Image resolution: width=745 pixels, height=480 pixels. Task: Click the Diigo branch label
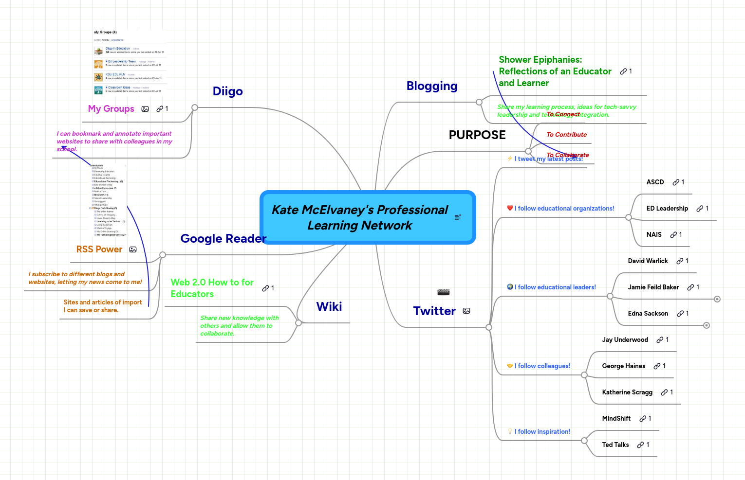(x=227, y=91)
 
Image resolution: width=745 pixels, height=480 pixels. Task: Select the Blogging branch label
(x=432, y=86)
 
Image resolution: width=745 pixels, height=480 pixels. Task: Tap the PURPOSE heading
(x=477, y=135)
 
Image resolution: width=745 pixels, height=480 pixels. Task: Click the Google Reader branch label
(x=223, y=239)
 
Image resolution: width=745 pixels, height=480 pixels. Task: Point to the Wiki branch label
(x=329, y=307)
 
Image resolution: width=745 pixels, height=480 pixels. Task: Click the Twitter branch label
(x=434, y=311)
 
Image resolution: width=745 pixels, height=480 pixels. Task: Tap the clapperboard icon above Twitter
(x=443, y=292)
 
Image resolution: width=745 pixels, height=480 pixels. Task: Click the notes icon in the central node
(x=458, y=217)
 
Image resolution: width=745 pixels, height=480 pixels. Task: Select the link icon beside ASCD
(x=676, y=182)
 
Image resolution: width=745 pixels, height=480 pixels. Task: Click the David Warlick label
(x=648, y=261)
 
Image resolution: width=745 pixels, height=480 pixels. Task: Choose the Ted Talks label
(x=615, y=445)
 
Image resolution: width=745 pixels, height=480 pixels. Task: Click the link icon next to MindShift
(x=643, y=419)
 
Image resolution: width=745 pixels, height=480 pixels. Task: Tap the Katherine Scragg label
(x=627, y=392)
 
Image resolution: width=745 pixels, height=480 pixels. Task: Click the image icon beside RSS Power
(x=133, y=249)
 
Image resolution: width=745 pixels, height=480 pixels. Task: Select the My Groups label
(x=111, y=109)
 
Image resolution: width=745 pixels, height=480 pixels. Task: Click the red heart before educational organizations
(x=510, y=208)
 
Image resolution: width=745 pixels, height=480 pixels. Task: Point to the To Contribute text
(x=566, y=135)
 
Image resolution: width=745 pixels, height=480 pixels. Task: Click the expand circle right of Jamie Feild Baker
(x=717, y=299)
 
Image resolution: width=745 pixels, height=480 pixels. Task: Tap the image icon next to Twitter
(x=466, y=311)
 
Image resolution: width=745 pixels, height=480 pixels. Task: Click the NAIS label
(x=654, y=235)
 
